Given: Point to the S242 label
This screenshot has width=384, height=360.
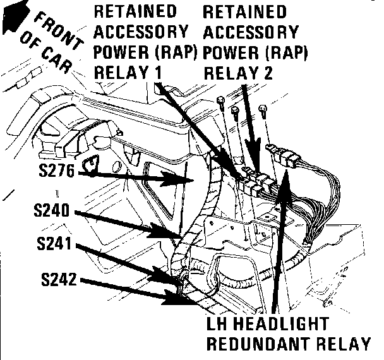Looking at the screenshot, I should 57,279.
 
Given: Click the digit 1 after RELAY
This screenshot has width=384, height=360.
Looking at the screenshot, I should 155,73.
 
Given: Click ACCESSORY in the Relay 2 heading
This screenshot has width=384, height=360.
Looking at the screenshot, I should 251,32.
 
